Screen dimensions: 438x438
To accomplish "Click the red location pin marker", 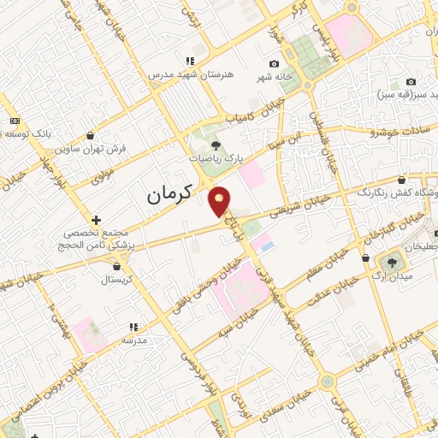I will (x=221, y=202).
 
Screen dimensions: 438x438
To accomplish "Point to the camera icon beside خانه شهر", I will (x=274, y=64).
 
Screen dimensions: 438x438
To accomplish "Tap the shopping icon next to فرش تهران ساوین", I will (x=91, y=135).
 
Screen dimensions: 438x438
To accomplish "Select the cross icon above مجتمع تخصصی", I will (x=96, y=220).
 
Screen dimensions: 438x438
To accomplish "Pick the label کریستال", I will (x=117, y=279).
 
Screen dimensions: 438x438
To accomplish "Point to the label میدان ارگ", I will (x=395, y=276).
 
